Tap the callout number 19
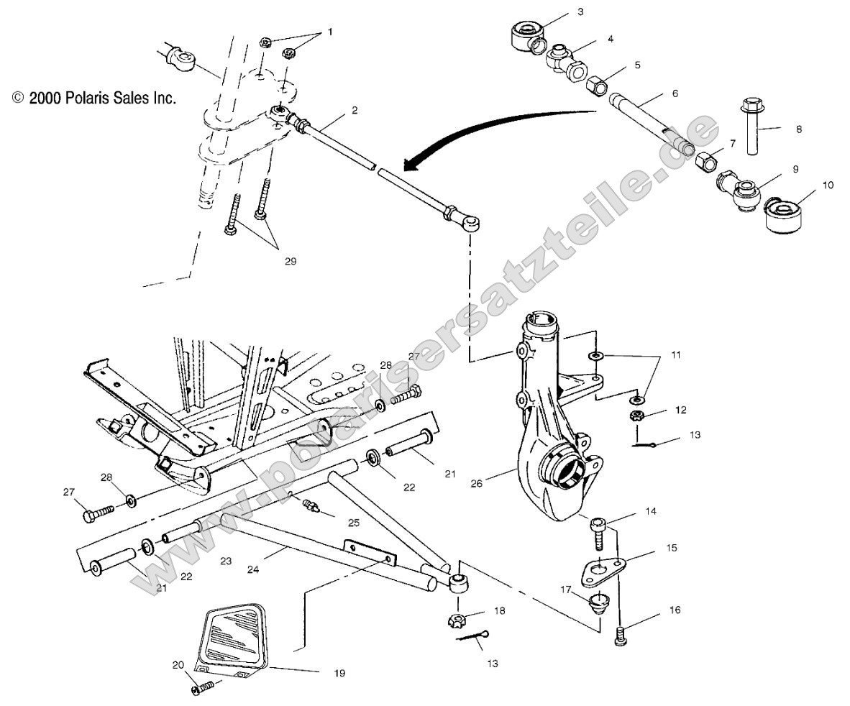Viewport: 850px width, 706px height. tap(339, 674)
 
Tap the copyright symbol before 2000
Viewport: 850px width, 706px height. tap(19, 98)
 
